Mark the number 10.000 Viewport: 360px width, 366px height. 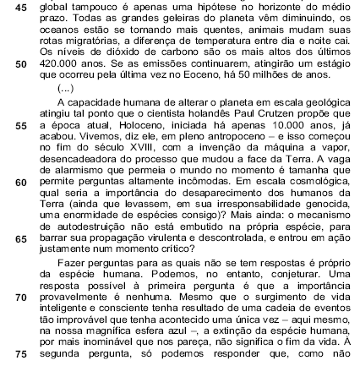[297, 142]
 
